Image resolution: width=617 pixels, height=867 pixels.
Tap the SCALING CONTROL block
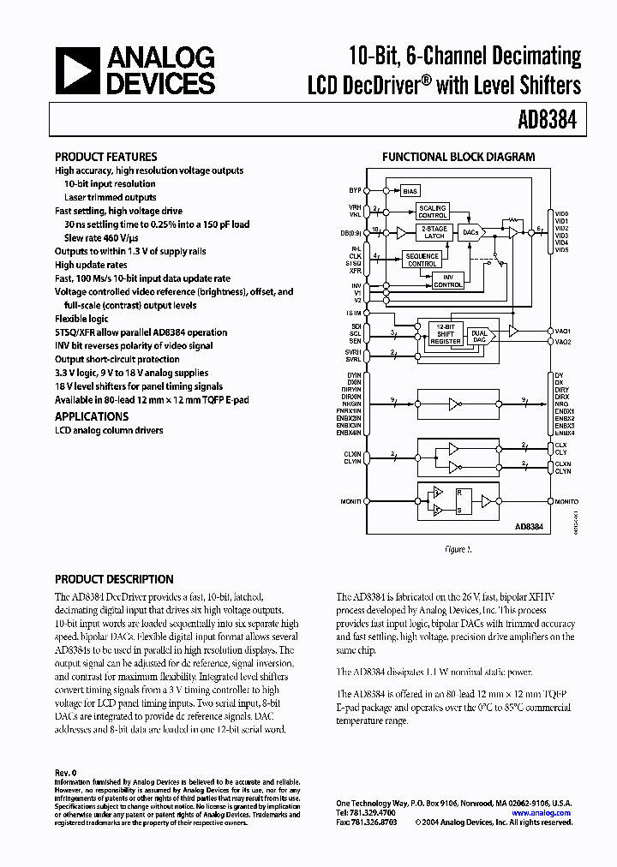pos(432,211)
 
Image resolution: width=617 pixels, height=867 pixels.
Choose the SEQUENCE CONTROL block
pos(422,260)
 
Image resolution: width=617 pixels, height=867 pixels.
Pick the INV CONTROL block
pos(448,280)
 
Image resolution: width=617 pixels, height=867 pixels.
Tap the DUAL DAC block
pos(479,337)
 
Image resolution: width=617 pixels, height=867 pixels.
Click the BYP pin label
pos(355,189)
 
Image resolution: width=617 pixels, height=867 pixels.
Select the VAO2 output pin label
pos(563,342)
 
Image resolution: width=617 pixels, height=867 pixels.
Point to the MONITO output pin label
pos(566,501)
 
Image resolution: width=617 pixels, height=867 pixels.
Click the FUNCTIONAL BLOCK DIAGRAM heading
pos(458,157)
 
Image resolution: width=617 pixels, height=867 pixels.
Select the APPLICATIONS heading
pos(92,416)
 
